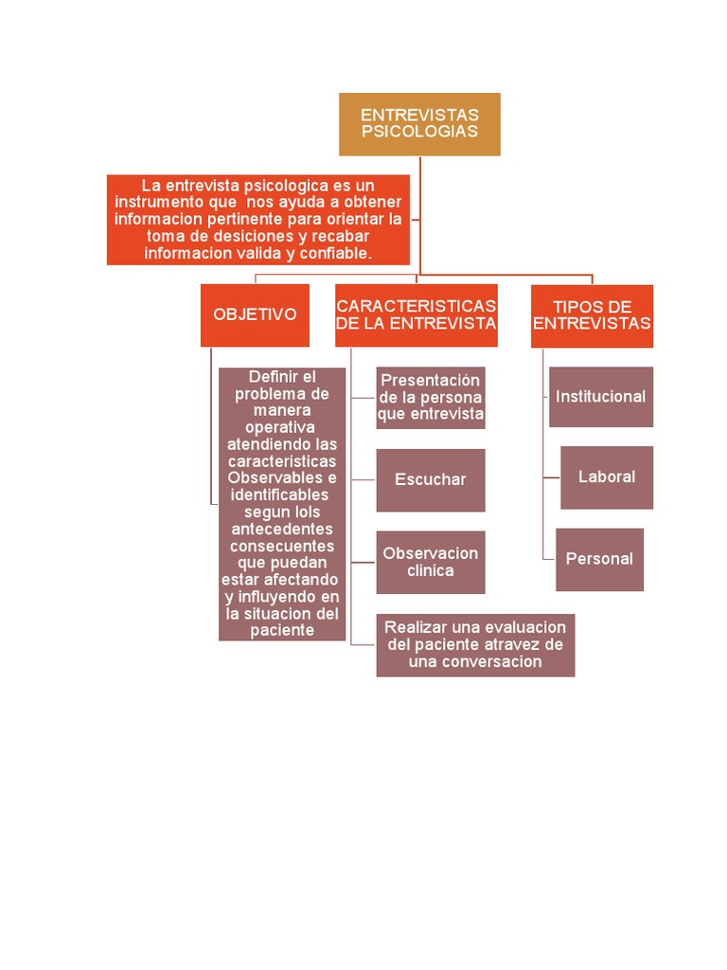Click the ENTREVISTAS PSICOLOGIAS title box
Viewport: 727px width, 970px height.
tap(419, 124)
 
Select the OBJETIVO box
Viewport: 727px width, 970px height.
tap(255, 314)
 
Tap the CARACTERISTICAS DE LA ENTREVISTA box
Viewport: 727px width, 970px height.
tap(417, 314)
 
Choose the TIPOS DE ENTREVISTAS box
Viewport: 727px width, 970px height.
tap(592, 315)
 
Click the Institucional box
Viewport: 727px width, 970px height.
tap(600, 397)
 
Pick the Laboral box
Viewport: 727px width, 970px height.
tap(607, 477)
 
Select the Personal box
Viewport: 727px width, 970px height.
tap(599, 559)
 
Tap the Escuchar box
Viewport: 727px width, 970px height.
tap(431, 480)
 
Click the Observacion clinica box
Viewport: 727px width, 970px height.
tap(431, 562)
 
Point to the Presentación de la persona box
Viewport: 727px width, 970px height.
tap(431, 398)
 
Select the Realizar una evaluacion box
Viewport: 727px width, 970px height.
tap(475, 644)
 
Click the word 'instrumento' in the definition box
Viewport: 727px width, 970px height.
tap(157, 203)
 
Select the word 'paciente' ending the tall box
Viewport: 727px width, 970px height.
tap(282, 631)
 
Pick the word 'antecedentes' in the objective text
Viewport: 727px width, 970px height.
tap(282, 529)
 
